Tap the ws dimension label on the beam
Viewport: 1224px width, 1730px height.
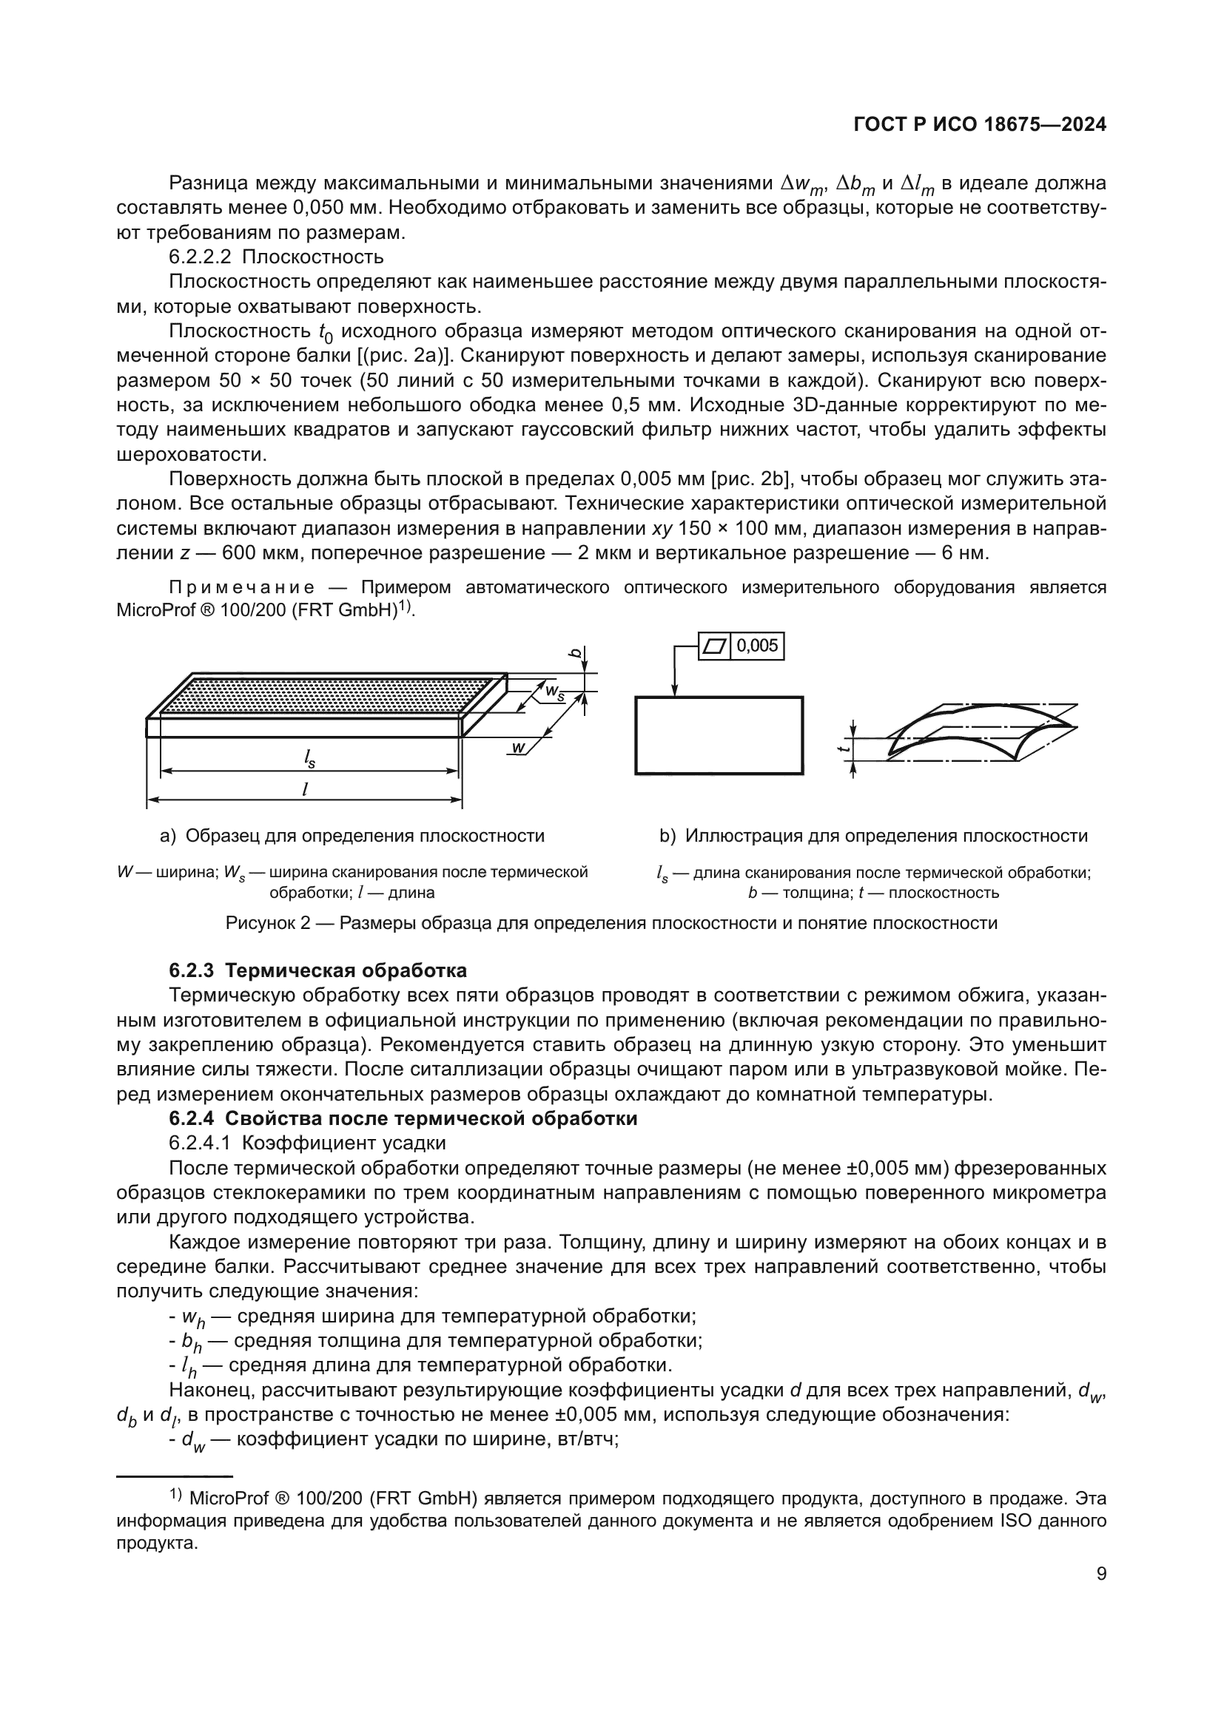point(554,692)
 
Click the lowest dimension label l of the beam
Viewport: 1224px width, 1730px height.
point(304,789)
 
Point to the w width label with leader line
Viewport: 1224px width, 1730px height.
point(518,747)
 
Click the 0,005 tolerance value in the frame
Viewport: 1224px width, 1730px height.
point(757,646)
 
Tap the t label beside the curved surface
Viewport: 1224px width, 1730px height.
point(847,746)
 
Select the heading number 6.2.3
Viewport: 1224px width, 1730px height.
point(194,970)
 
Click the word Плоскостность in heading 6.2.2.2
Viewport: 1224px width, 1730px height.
point(313,257)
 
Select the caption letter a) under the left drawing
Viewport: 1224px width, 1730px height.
point(167,836)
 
